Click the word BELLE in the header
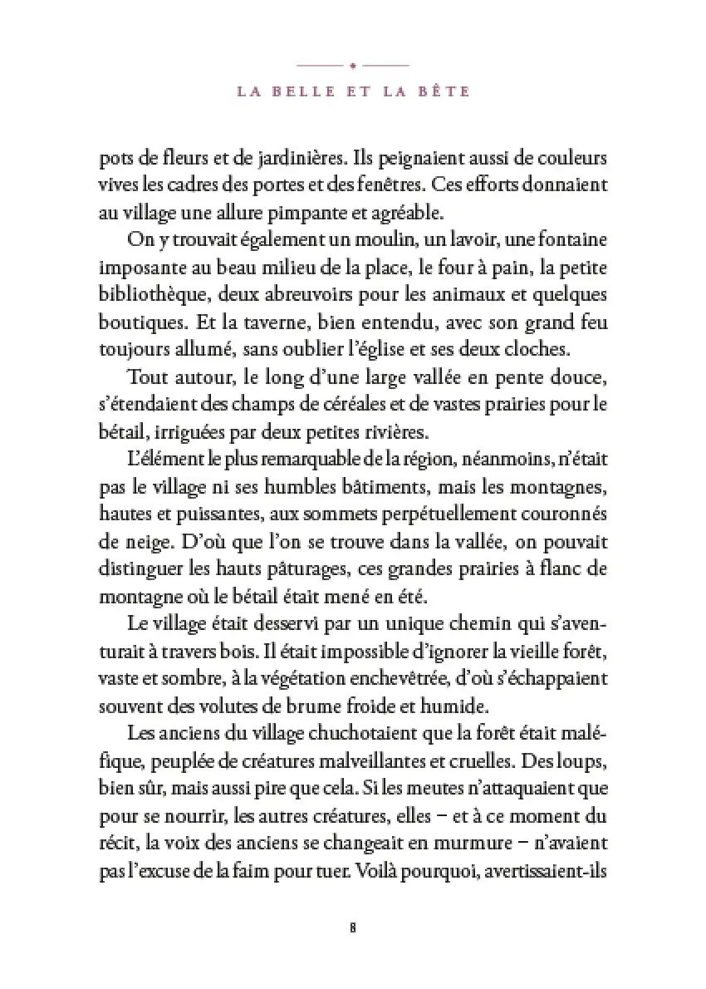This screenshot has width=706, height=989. coord(302,91)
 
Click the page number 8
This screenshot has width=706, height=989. coord(353,928)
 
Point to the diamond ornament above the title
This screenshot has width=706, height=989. coord(353,64)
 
